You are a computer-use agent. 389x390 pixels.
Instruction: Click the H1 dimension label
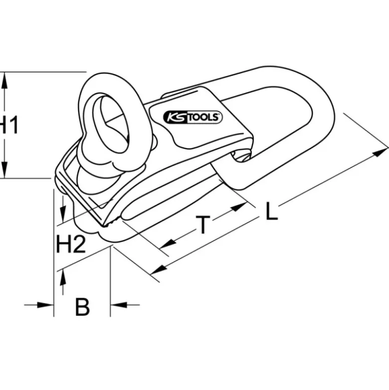9,125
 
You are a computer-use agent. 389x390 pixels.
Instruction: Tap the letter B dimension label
82,307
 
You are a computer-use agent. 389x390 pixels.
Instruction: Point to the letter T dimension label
203,225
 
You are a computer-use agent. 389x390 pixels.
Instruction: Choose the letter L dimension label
271,211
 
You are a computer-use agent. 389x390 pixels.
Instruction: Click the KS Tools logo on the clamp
193,117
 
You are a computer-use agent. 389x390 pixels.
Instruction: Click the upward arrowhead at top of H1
4,80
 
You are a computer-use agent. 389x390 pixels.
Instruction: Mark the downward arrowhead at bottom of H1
4,170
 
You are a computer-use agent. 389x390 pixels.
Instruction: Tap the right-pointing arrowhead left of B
45,305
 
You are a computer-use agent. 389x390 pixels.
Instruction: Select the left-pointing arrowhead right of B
119,305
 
